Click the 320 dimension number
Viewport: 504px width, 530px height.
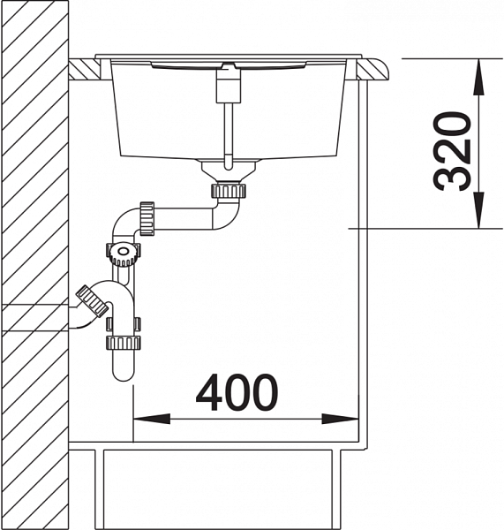coord(452,151)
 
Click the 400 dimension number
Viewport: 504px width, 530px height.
coord(237,391)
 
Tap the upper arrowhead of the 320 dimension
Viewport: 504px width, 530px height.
coord(478,78)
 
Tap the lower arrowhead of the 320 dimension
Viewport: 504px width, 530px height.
coord(478,210)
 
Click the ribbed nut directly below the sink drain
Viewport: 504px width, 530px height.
coord(228,191)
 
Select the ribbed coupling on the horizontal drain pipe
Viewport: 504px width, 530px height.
coord(147,219)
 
